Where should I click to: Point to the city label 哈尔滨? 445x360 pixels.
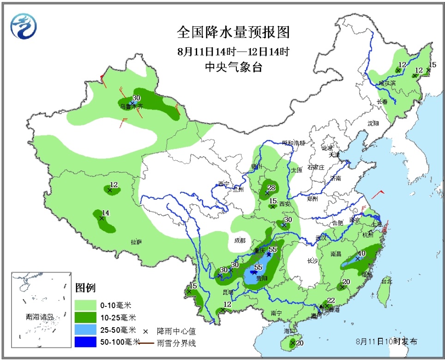point(387,83)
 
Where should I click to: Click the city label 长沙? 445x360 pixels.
point(313,261)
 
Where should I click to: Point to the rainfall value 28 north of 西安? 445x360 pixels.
point(271,187)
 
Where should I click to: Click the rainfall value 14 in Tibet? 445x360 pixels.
point(105,213)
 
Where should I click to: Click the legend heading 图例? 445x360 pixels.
point(85,288)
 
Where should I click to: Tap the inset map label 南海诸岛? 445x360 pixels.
point(40,317)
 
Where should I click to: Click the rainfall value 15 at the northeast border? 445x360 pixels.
point(433,65)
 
